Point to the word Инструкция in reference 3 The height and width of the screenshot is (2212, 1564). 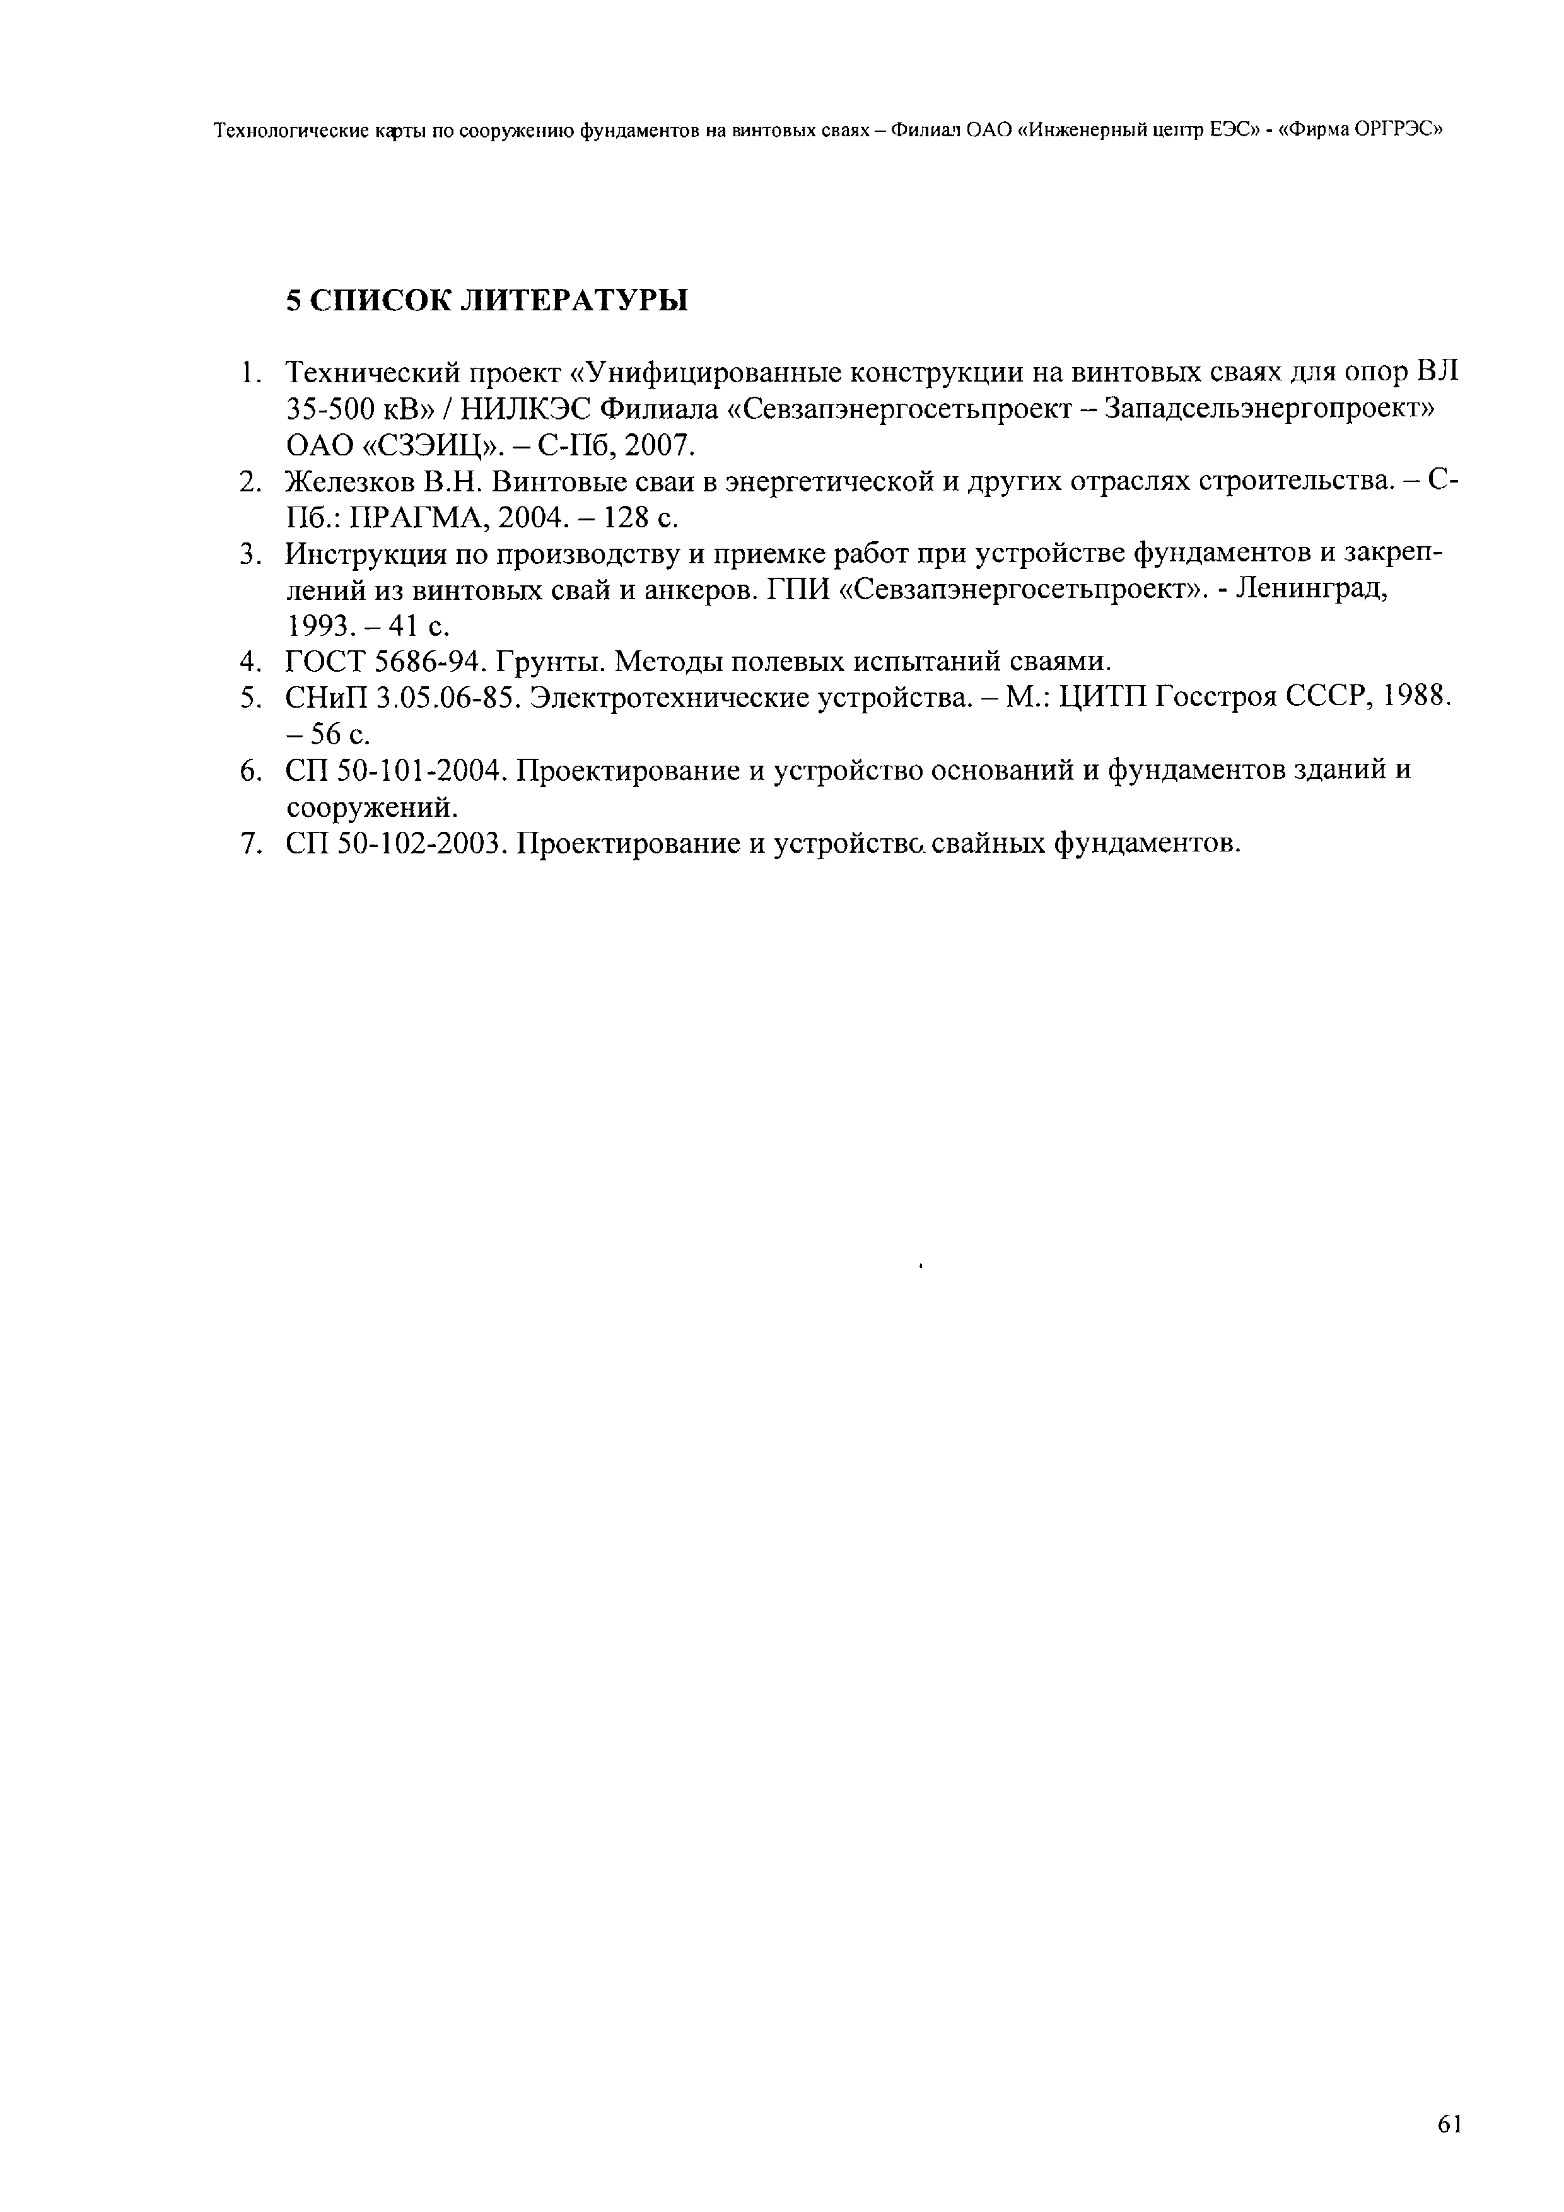pos(354,554)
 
